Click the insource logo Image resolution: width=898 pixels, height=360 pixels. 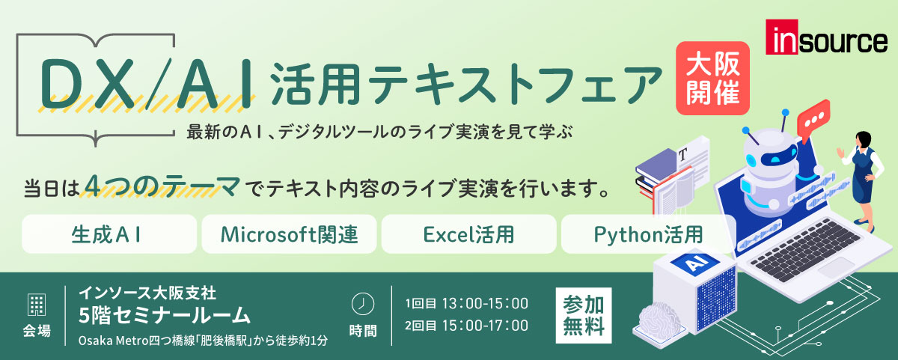click(x=826, y=40)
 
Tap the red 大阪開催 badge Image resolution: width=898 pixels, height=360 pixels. click(x=712, y=79)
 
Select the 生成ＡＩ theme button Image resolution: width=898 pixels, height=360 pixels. click(x=109, y=234)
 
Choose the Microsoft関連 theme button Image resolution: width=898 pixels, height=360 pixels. click(x=289, y=234)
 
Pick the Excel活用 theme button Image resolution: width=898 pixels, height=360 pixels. click(x=468, y=234)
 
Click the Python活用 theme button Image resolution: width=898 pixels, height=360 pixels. click(x=648, y=234)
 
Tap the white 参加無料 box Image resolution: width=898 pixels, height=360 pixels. click(x=583, y=315)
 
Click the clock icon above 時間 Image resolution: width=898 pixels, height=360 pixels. click(x=362, y=303)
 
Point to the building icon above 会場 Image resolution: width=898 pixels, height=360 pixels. click(x=36, y=304)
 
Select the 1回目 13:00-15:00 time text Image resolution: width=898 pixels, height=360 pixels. click(x=467, y=303)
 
